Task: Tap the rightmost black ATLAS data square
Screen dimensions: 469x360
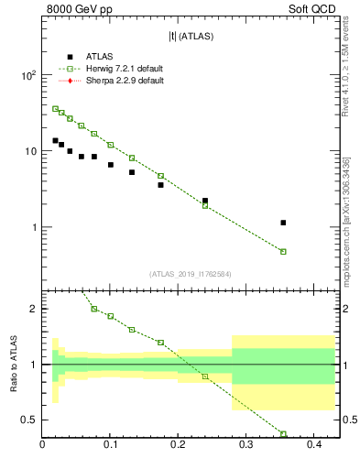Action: (x=283, y=223)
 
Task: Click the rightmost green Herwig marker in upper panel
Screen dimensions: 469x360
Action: (x=283, y=251)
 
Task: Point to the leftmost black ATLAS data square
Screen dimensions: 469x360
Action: (x=55, y=140)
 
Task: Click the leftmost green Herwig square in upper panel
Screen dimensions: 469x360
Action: (x=55, y=108)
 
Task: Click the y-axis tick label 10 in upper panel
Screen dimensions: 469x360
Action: (x=30, y=151)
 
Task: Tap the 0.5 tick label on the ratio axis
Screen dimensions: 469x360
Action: (x=28, y=420)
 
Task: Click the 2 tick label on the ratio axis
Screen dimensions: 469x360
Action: (x=33, y=309)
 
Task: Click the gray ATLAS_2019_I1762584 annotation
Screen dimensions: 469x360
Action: (x=191, y=274)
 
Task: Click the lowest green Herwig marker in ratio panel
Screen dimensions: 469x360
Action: (x=283, y=434)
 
